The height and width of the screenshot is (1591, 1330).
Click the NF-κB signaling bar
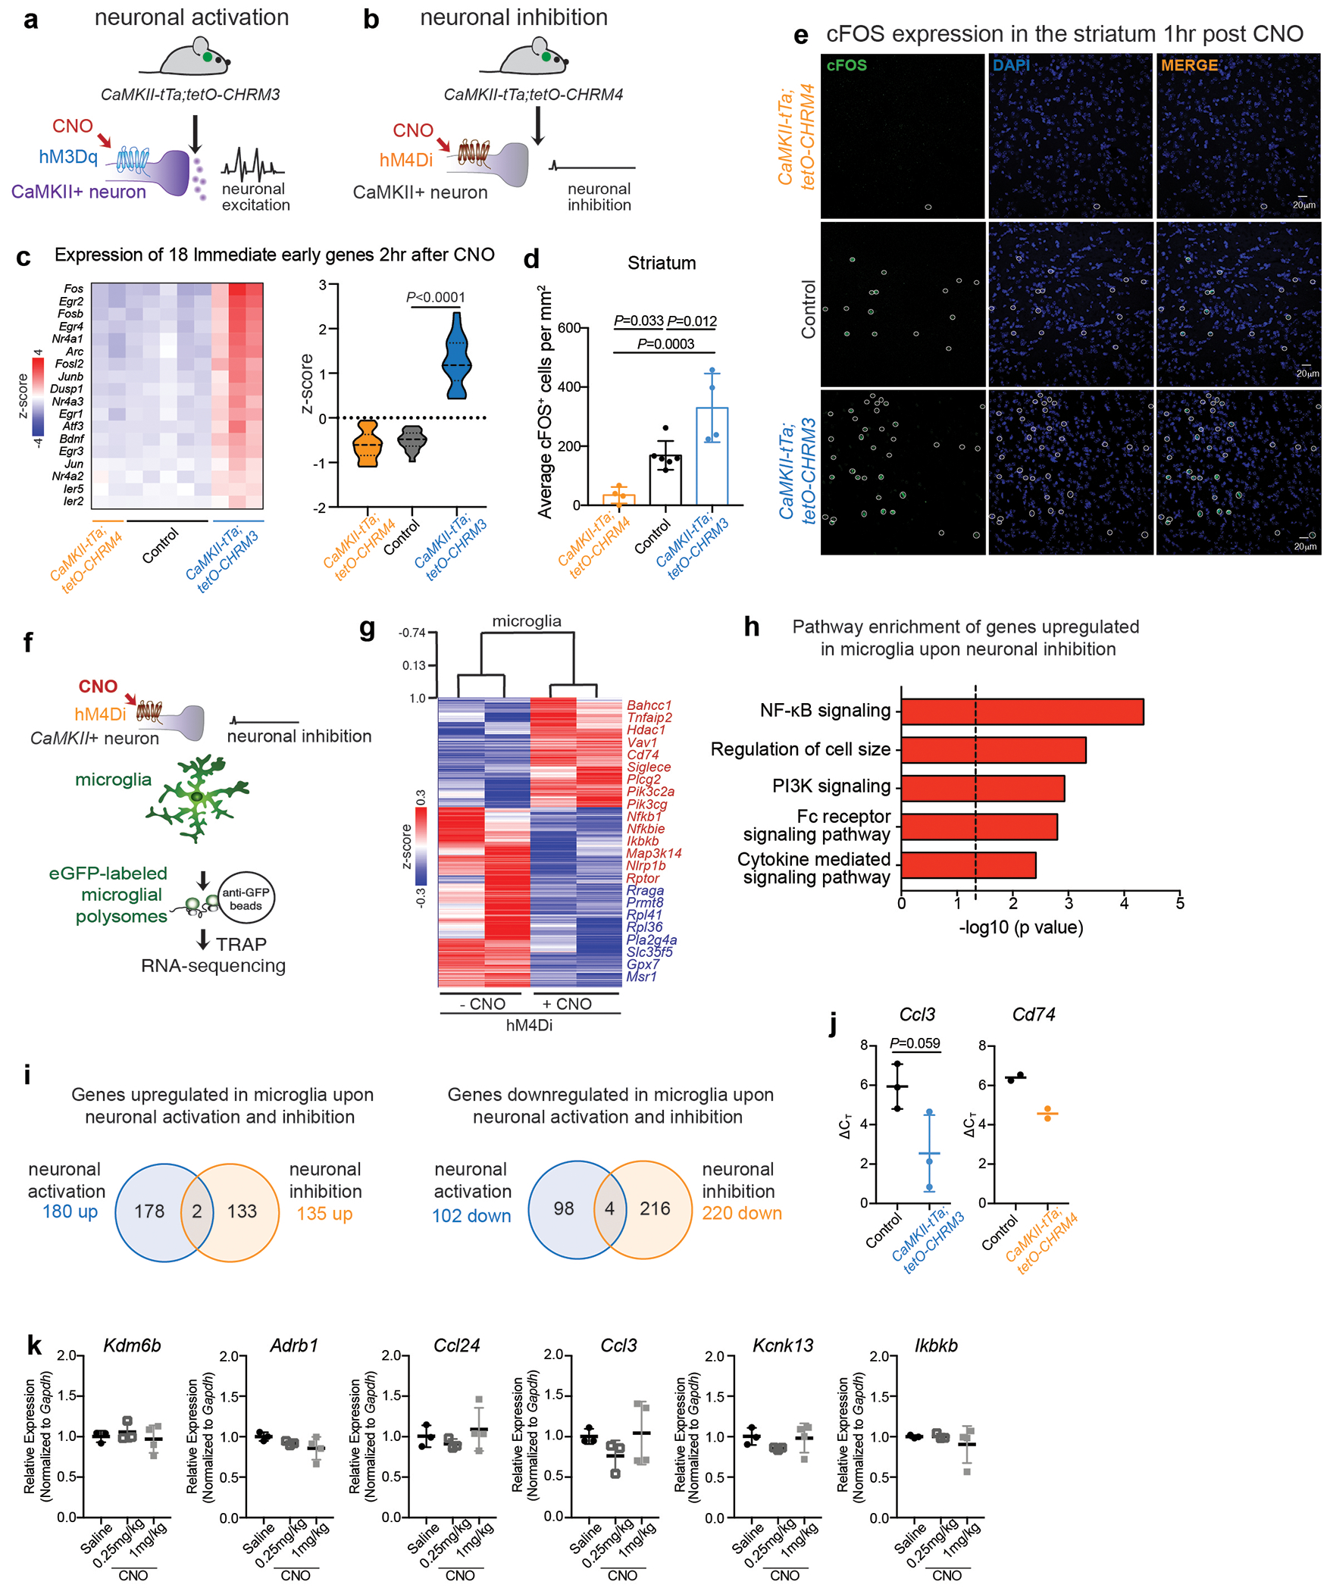[x=1021, y=712]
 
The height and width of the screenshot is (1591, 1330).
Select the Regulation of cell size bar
[x=993, y=750]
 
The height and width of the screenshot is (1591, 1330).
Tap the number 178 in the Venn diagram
[x=149, y=1211]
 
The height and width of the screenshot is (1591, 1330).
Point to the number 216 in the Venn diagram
[x=655, y=1208]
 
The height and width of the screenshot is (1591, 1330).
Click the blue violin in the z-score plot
[x=456, y=356]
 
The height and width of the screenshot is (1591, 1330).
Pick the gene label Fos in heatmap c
[x=74, y=289]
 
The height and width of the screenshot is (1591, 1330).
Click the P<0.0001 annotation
[x=436, y=298]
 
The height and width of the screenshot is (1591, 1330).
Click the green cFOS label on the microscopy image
[x=847, y=66]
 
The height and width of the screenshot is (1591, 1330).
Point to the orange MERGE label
[x=1189, y=66]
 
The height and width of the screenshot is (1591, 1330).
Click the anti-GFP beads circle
[x=246, y=899]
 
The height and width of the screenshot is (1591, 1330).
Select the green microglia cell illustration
[x=198, y=797]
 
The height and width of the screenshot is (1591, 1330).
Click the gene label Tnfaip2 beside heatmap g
[x=649, y=717]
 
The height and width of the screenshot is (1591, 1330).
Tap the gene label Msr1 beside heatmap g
[x=641, y=977]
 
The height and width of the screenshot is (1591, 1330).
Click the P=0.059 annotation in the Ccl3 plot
[x=915, y=1043]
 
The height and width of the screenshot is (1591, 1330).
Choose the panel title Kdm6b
[x=132, y=1346]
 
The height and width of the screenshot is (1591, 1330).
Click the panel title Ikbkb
[x=936, y=1346]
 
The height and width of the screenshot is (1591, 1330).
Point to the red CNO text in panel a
[x=73, y=127]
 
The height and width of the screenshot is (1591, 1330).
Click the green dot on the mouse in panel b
[x=546, y=56]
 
